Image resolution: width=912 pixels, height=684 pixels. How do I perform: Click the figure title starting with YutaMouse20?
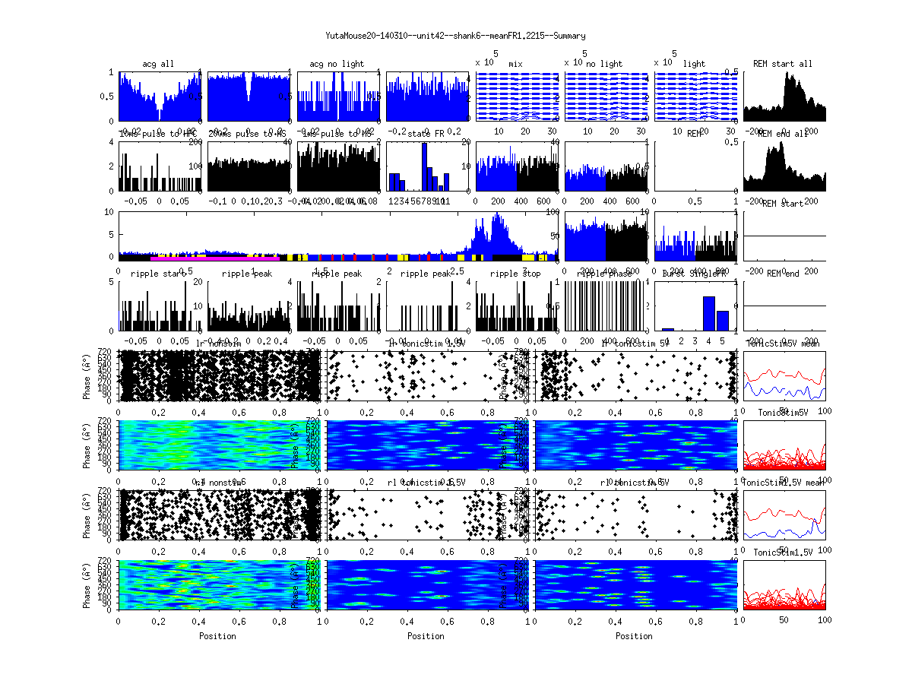coord(455,36)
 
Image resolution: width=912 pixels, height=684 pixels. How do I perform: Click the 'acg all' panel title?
coord(158,64)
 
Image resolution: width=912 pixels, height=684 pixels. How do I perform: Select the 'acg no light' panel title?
coord(337,64)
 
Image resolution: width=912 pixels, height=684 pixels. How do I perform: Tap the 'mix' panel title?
coord(516,64)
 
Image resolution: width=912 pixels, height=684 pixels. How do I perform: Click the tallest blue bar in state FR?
coord(424,167)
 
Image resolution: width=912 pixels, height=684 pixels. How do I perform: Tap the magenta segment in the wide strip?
coord(213,258)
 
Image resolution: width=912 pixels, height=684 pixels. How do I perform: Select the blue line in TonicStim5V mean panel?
coord(783,391)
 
